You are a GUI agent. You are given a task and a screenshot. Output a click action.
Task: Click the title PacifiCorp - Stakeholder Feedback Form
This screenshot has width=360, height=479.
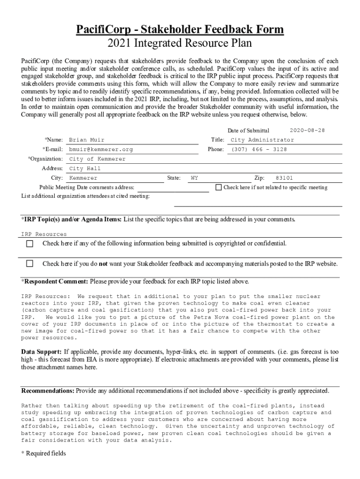(180, 30)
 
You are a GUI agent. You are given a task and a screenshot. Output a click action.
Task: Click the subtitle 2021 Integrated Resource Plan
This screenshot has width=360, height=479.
(180, 44)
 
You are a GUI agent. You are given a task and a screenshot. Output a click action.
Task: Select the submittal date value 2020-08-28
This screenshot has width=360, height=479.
(307, 130)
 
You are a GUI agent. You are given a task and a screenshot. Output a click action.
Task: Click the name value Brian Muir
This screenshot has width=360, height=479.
(86, 140)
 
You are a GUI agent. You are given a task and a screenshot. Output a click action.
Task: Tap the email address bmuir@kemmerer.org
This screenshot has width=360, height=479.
(101, 149)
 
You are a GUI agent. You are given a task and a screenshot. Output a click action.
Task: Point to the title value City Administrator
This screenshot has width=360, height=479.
(262, 140)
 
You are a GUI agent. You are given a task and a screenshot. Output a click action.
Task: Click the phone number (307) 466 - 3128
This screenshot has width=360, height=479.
(259, 149)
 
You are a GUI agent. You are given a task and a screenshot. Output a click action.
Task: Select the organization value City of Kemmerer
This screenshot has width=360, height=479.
(97, 159)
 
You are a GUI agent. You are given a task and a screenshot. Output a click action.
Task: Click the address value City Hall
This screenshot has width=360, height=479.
(85, 168)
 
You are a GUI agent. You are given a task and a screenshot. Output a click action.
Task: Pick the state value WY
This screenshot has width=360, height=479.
(194, 178)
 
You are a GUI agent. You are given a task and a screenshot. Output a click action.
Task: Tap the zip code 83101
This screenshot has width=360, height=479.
(284, 178)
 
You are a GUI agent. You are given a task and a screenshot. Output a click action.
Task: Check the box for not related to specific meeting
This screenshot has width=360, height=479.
(218, 188)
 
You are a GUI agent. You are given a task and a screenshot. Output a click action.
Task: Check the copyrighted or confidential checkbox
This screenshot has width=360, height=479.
(30, 244)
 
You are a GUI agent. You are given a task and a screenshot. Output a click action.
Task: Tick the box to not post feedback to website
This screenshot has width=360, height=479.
(30, 263)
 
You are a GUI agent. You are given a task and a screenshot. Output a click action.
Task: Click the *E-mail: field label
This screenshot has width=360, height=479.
(52, 149)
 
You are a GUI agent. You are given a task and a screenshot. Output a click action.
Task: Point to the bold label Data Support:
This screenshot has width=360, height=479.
(42, 351)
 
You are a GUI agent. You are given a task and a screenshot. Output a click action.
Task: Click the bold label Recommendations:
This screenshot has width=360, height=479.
(48, 391)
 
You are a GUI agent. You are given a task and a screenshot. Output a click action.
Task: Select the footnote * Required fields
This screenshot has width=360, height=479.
(43, 453)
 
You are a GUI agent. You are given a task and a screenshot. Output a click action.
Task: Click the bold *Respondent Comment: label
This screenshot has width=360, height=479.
(55, 282)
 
